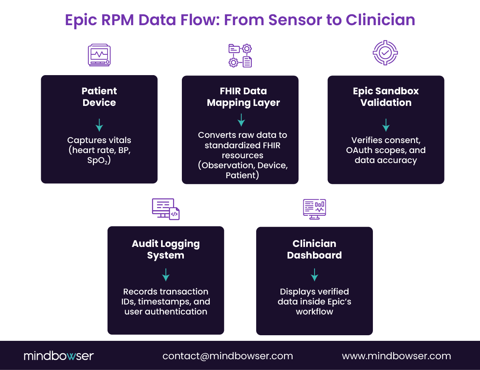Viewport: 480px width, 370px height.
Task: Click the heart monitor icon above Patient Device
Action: coord(99,55)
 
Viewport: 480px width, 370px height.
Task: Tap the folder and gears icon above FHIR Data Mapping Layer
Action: coord(240,56)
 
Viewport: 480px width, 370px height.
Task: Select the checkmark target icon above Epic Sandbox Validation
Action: coord(385,52)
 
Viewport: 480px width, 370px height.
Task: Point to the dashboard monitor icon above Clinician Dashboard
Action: coord(315,209)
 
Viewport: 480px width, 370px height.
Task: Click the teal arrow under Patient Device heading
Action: coord(99,125)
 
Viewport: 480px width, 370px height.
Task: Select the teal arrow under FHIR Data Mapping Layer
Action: coord(241,120)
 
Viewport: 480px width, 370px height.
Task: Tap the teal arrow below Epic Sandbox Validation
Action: coord(386,125)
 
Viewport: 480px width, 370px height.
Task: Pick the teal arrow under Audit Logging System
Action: coord(166,275)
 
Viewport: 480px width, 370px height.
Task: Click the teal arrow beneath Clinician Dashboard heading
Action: coord(315,275)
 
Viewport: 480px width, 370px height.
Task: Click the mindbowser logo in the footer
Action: coord(59,356)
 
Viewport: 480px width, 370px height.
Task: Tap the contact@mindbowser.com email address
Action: coord(227,356)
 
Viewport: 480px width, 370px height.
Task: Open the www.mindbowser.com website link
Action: coord(396,356)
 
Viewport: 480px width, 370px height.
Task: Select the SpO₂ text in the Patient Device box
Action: coord(99,160)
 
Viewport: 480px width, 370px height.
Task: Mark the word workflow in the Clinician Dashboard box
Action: coord(315,312)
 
